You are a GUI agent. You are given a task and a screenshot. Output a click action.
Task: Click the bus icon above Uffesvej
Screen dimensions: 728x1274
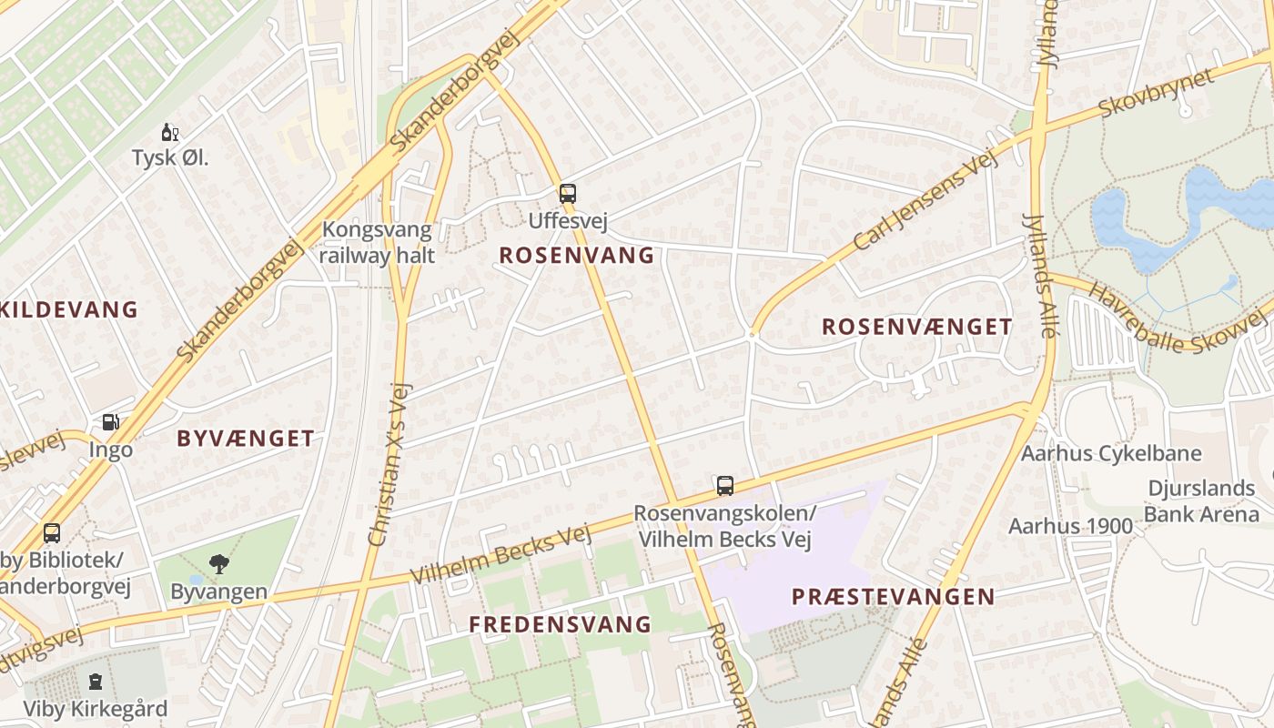click(x=568, y=193)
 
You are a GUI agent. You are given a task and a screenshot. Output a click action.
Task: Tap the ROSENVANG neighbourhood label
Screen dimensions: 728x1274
click(x=577, y=256)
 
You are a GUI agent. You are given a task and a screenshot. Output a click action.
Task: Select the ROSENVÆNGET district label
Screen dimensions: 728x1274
click(x=916, y=327)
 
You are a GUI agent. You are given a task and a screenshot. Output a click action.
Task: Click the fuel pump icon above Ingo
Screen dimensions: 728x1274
click(x=110, y=422)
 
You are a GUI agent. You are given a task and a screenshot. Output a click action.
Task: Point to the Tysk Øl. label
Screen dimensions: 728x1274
click(x=170, y=157)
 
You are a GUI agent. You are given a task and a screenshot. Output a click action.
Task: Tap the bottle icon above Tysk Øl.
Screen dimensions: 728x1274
click(x=169, y=133)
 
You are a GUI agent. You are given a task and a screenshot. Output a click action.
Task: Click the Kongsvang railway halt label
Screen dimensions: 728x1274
click(x=378, y=242)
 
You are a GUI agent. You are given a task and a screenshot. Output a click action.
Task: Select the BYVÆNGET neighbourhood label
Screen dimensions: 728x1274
click(x=246, y=439)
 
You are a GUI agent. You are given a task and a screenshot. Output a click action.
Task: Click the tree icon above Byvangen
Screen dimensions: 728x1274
click(x=218, y=564)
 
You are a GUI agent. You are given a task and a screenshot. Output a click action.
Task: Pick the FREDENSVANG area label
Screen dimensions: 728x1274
click(x=561, y=624)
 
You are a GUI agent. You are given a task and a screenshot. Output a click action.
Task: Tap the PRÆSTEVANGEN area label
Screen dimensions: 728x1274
click(x=893, y=597)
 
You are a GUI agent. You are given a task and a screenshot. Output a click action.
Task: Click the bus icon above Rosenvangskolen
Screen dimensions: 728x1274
click(x=724, y=486)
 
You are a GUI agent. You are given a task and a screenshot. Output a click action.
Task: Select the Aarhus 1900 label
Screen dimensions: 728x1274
click(x=1070, y=526)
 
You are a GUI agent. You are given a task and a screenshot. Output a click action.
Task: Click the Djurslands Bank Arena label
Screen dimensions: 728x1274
click(x=1201, y=501)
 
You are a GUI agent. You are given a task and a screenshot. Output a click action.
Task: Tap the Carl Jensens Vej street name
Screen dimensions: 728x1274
click(x=925, y=202)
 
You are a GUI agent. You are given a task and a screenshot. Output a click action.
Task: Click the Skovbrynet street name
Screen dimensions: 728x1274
click(x=1157, y=92)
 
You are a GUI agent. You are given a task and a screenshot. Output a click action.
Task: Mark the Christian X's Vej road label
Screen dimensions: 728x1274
click(x=391, y=464)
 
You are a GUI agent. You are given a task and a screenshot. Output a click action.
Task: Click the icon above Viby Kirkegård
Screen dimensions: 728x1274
click(x=95, y=682)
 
